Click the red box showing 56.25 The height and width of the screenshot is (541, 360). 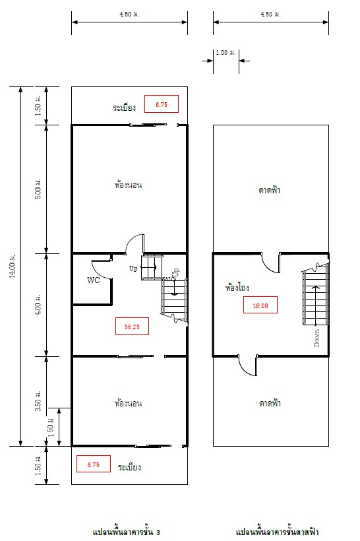pos(132,326)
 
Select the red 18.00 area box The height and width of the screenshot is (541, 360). pos(260,305)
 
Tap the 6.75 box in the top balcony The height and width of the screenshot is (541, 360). pos(162,104)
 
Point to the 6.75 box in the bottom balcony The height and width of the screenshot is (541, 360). pos(94,464)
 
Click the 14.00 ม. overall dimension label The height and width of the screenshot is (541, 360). pos(13,266)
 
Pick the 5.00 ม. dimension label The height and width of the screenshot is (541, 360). pos(39,189)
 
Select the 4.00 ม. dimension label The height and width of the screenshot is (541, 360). pos(39,304)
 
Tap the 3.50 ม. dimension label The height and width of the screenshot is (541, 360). pos(39,400)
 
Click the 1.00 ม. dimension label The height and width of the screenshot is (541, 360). pos(226,53)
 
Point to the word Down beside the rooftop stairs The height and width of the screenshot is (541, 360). pos(316,338)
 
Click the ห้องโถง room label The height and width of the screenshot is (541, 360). pos(237,288)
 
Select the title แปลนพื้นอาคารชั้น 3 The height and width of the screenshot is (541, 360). pos(126,532)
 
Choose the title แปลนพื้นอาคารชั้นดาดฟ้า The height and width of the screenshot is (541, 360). pos(277,532)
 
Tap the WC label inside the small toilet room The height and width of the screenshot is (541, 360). pos(94,280)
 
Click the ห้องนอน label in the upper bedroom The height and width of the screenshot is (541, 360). pos(129,185)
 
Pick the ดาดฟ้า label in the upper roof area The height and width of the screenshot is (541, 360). pos(269,190)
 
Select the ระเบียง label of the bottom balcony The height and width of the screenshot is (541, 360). pos(129,467)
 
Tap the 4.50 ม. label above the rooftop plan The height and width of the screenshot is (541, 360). pos(271,14)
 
